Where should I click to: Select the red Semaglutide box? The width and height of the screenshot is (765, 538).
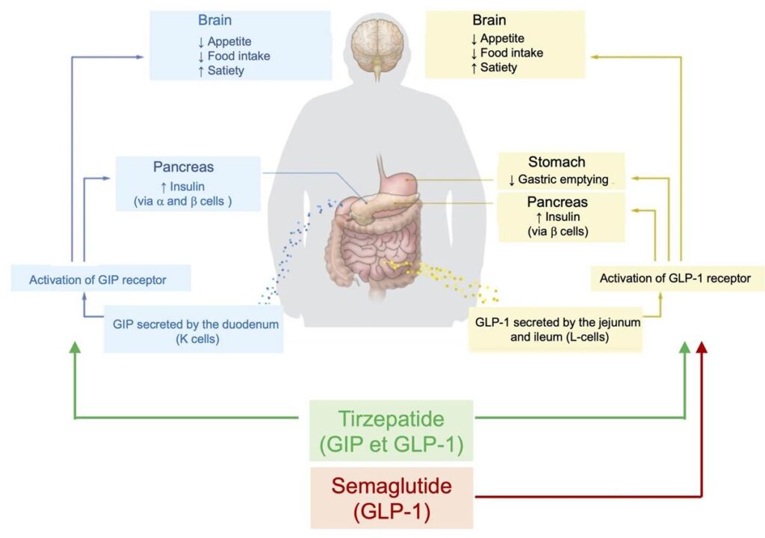(391, 497)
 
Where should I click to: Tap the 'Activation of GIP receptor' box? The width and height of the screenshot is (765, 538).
(97, 280)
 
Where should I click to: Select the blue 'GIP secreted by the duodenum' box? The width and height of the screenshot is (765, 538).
(195, 330)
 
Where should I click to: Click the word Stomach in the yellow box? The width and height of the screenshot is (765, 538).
(557, 162)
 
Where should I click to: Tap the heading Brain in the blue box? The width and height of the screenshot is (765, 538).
(215, 19)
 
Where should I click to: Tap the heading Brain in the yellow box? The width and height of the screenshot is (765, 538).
(489, 20)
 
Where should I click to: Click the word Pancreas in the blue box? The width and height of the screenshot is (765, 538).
(184, 167)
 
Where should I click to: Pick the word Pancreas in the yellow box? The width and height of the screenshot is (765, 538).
(557, 202)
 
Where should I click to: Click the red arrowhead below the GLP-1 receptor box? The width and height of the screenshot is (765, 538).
(702, 349)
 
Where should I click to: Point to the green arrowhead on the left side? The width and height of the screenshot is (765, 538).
(75, 348)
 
